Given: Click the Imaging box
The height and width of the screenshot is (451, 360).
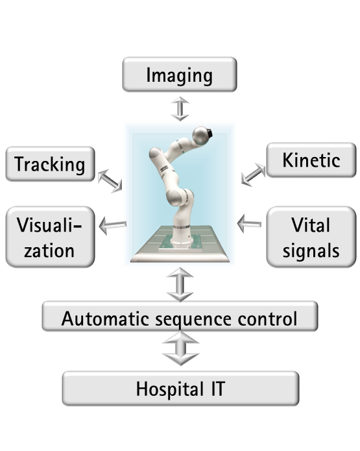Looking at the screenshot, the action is pyautogui.click(x=180, y=75).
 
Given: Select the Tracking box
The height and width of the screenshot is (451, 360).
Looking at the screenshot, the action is pyautogui.click(x=51, y=164).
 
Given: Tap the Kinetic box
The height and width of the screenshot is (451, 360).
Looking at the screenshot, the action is pyautogui.click(x=311, y=160).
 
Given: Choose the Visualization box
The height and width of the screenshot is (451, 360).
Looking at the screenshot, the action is pyautogui.click(x=51, y=237).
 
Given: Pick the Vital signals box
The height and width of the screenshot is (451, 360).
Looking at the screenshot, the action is pyautogui.click(x=311, y=237).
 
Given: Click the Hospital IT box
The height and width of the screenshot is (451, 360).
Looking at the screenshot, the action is pyautogui.click(x=180, y=389).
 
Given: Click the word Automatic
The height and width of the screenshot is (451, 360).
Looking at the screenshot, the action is pyautogui.click(x=105, y=319).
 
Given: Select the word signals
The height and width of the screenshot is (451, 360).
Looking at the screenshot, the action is pyautogui.click(x=311, y=251).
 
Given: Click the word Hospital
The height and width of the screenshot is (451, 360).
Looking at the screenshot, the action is pyautogui.click(x=170, y=389).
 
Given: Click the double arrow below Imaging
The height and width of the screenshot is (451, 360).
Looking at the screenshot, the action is pyautogui.click(x=180, y=109).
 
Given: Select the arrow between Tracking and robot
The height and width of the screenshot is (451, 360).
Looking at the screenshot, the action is pyautogui.click(x=110, y=181).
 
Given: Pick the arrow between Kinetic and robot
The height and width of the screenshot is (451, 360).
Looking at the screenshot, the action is pyautogui.click(x=253, y=175).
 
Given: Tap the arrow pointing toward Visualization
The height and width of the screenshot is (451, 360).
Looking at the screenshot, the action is pyautogui.click(x=113, y=225).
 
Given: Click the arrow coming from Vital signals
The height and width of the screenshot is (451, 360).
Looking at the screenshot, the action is pyautogui.click(x=249, y=223).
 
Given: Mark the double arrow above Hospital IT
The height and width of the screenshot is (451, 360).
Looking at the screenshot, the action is pyautogui.click(x=180, y=348).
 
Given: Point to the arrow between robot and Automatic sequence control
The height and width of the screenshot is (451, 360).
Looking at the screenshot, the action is pyautogui.click(x=180, y=284).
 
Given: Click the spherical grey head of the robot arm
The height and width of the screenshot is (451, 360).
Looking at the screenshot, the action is pyautogui.click(x=201, y=136).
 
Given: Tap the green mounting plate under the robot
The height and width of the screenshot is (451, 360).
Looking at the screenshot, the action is pyautogui.click(x=180, y=242).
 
